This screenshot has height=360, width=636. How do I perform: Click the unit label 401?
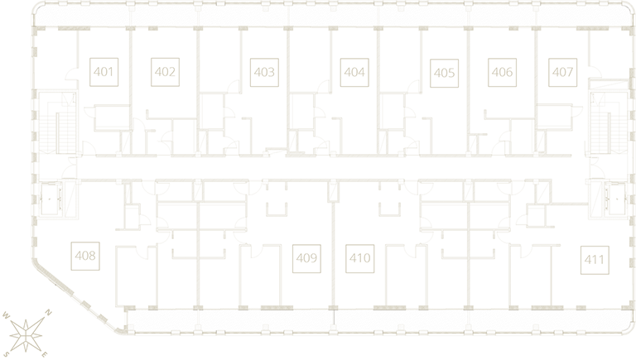click(104, 72)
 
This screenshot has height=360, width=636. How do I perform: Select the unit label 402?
click(165, 72)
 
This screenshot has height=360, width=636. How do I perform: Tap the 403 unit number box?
click(264, 73)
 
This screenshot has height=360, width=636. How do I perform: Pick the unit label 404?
click(354, 73)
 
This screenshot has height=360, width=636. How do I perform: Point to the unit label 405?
click(444, 73)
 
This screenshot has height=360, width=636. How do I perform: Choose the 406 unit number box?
click(502, 73)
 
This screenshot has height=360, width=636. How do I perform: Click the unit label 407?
click(562, 73)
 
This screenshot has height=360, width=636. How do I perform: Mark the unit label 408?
click(85, 257)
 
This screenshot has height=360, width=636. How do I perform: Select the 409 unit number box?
click(306, 258)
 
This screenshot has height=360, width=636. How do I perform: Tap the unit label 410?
click(359, 258)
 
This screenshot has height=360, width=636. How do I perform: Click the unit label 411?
click(595, 260)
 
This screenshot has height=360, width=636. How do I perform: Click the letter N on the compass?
click(48, 313)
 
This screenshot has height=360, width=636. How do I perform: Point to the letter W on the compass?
click(6, 315)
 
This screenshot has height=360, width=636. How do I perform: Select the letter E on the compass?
click(45, 355)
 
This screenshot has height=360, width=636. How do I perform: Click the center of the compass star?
click(26, 335)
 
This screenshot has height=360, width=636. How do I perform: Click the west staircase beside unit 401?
click(57, 122)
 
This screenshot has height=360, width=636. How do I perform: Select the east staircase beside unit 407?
click(608, 122)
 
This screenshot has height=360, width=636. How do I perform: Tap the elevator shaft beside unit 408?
click(51, 198)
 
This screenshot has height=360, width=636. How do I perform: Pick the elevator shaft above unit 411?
click(615, 198)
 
